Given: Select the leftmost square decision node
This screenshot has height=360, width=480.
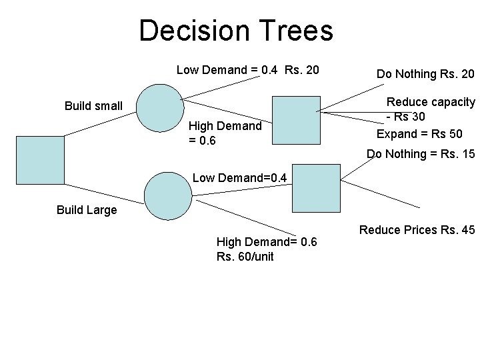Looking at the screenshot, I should tap(40, 159).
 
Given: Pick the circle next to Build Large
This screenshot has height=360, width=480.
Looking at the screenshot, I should tap(169, 197).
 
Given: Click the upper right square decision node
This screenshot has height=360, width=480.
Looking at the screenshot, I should tap(297, 121).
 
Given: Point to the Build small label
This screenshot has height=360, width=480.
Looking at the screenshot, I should tap(93, 105).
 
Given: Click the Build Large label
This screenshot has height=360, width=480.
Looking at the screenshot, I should tap(87, 210).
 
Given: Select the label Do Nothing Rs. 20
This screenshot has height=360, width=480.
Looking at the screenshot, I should tap(425, 74).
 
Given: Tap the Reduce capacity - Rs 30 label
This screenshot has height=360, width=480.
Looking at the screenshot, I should tap(430, 109).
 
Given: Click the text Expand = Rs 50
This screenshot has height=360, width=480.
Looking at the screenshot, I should tap(419, 134).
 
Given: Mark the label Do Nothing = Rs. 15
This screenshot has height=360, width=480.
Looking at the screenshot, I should tap(421, 154).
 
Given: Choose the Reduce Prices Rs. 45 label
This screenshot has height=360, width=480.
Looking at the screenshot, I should tap(417, 231).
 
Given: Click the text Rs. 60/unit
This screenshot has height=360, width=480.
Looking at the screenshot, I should tap(245, 257).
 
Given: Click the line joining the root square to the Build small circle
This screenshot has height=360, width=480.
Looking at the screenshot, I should tap(99, 124).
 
